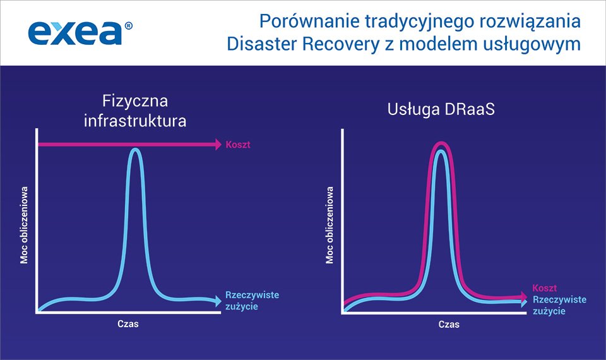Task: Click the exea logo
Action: (76, 33)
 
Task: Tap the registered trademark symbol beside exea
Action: (129, 26)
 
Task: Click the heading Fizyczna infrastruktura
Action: (135, 111)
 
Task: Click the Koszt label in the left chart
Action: (237, 145)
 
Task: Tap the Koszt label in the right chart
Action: (544, 287)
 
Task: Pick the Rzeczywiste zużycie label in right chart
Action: (559, 305)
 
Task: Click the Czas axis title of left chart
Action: (128, 324)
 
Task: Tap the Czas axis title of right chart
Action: (449, 325)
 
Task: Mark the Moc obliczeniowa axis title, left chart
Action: (25, 224)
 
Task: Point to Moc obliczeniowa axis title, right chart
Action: (329, 224)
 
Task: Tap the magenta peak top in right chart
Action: (441, 145)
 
